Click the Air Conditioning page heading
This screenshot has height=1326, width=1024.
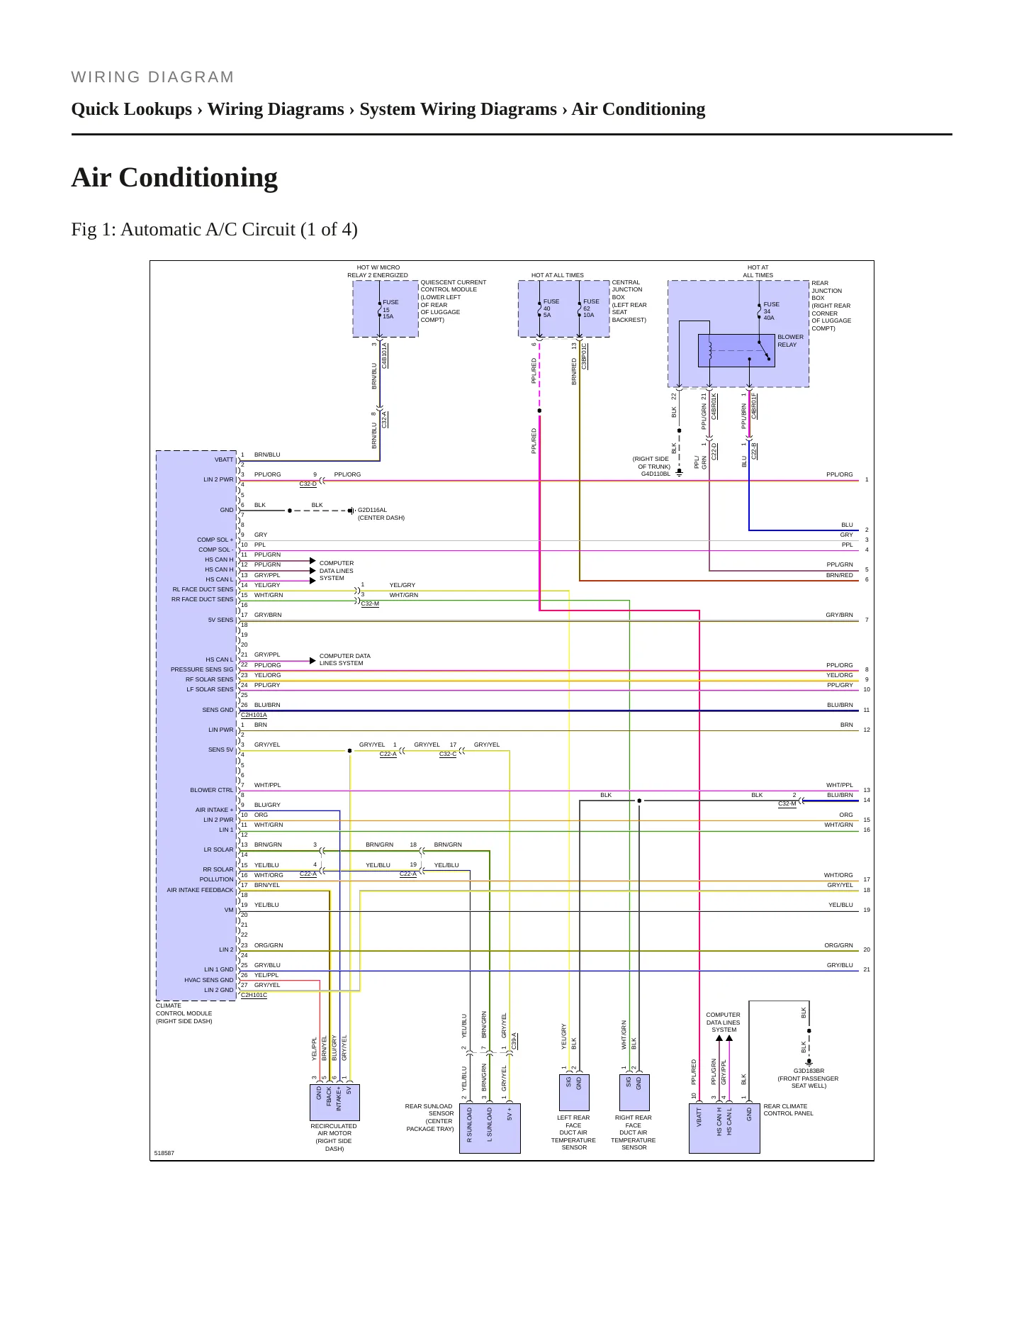click(174, 177)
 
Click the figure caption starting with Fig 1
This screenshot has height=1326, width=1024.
click(214, 229)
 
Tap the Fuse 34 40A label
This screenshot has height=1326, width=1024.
click(771, 311)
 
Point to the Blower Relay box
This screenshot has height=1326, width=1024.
click(736, 350)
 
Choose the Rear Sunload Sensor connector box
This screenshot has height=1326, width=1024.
click(490, 1128)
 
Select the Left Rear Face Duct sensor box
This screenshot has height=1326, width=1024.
click(574, 1093)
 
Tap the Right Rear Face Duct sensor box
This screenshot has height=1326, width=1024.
click(634, 1093)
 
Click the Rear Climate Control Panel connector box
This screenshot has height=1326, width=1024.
click(724, 1128)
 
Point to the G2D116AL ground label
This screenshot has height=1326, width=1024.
click(372, 510)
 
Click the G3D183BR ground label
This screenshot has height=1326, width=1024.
click(809, 1071)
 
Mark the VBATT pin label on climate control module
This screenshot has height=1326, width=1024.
click(224, 459)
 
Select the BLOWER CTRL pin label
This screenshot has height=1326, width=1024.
click(212, 790)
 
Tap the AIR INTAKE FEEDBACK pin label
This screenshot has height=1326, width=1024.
click(200, 890)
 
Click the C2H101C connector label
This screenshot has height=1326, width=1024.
click(254, 995)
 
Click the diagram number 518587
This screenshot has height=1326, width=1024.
click(164, 1153)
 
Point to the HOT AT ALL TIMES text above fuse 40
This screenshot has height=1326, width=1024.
click(558, 275)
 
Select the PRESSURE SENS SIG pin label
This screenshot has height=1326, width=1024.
click(202, 669)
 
